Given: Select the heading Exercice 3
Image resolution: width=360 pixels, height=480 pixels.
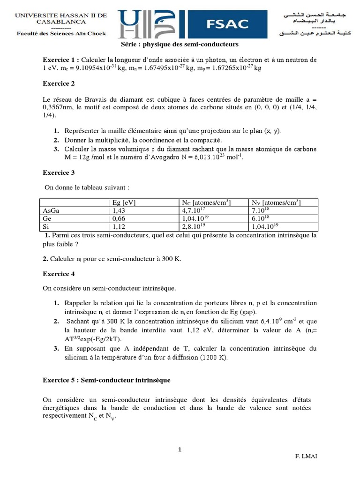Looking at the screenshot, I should (x=59, y=172).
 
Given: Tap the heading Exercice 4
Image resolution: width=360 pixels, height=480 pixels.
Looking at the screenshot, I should (x=59, y=273).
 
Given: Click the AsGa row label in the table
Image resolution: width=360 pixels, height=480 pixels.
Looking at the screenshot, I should (x=51, y=210).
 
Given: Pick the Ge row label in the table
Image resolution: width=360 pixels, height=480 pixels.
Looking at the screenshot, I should (x=47, y=218).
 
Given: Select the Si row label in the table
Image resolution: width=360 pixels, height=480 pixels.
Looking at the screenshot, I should (x=46, y=226).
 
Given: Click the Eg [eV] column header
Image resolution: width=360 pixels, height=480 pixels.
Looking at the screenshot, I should (x=124, y=202).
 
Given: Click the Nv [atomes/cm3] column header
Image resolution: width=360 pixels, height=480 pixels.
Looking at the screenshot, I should (x=276, y=202).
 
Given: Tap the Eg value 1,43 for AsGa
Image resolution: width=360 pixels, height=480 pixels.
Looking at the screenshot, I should (x=120, y=210).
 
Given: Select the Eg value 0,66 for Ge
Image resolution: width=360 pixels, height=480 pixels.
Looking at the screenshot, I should (x=120, y=218).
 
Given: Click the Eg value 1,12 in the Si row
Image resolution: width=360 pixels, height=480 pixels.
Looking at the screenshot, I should (x=120, y=226).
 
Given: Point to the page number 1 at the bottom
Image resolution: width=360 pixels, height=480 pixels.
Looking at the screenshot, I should (x=180, y=450).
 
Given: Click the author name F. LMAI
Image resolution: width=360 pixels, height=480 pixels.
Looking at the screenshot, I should (x=307, y=456).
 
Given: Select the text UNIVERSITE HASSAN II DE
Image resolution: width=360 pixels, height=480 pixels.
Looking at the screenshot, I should (x=61, y=15).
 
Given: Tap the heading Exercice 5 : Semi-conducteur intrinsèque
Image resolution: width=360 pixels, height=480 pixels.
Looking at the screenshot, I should (x=106, y=379).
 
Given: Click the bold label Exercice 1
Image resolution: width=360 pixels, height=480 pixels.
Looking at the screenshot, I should (x=60, y=60).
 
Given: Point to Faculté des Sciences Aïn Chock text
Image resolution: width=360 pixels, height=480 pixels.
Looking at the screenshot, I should (x=61, y=33).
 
